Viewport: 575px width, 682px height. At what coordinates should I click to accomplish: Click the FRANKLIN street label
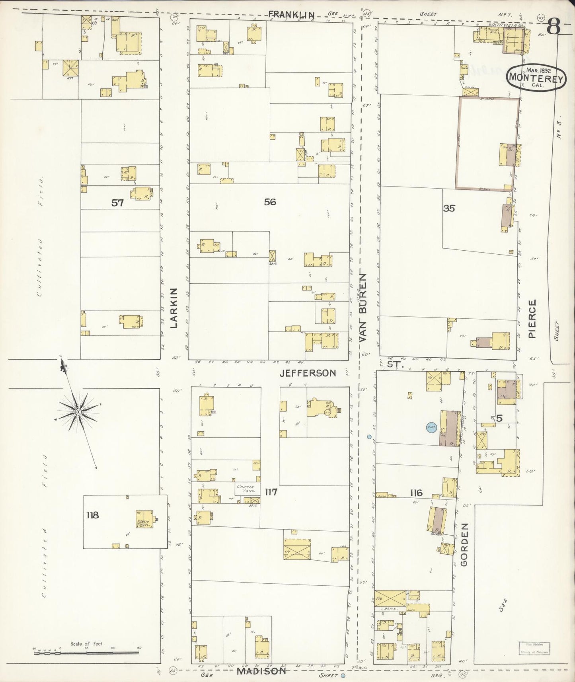point(292,14)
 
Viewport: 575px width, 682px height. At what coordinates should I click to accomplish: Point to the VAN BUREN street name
point(363,307)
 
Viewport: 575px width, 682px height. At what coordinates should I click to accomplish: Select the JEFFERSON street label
point(313,373)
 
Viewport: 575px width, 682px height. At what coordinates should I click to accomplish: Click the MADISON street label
point(261,670)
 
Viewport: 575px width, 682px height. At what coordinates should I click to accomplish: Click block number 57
point(117,203)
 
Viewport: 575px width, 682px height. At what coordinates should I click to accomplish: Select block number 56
point(270,202)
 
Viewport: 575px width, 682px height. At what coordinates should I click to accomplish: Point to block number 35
point(449,208)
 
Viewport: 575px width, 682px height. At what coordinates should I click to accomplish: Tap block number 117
point(271,492)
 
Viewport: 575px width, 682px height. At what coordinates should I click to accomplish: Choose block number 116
point(416,493)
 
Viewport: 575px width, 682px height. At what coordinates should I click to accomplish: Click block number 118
point(93,515)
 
